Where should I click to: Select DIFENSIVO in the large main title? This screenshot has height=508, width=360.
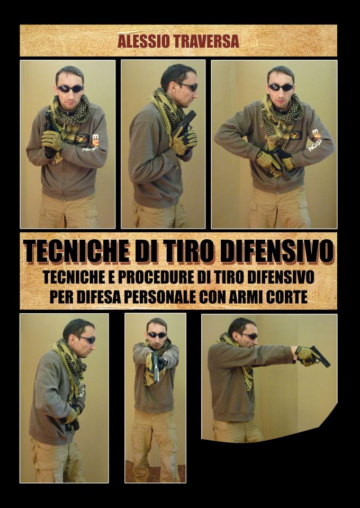[x=278, y=252]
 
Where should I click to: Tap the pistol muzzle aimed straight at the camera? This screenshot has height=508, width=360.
[x=156, y=368]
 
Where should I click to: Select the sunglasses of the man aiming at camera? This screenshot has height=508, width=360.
[x=157, y=335]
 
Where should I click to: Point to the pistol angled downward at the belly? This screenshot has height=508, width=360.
[x=282, y=164]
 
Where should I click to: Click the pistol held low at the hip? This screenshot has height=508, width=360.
[x=74, y=419]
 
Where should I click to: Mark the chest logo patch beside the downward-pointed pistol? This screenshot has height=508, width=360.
[x=295, y=135]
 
